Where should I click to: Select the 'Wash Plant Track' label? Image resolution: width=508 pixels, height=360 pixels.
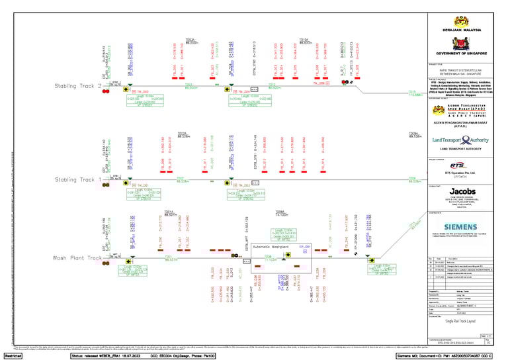coord(78,258)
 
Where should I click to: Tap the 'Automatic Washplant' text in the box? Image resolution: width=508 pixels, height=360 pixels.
coord(271,246)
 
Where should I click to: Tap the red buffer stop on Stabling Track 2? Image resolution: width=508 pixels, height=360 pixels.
coord(105,91)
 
